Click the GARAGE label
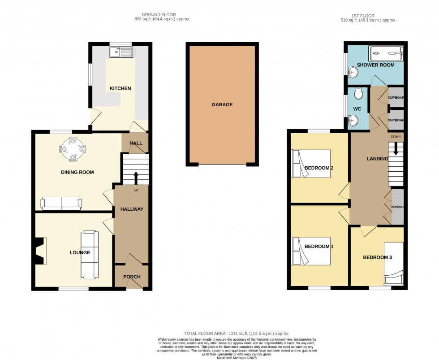coord(222,104)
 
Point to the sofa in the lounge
coord(90,254)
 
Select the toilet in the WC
coord(358,94)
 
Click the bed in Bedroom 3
coord(394,264)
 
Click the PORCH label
coord(132,277)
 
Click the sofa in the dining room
coord(61,203)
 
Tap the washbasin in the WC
coord(354,120)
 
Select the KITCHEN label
coord(121,88)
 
